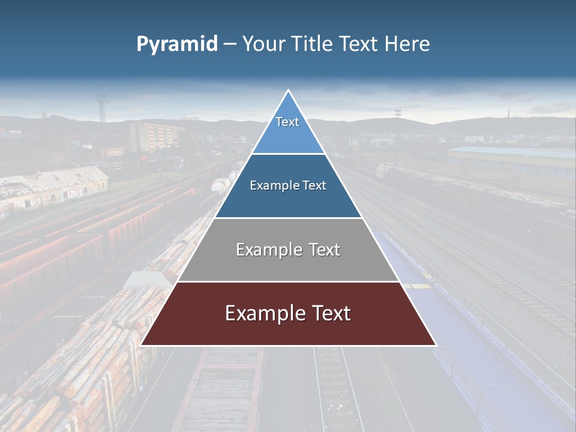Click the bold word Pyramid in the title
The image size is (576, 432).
[x=176, y=44]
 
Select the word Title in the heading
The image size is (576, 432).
[x=314, y=44]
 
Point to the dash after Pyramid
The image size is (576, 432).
[x=229, y=45]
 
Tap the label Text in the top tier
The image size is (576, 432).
[x=287, y=122]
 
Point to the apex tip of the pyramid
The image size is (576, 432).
[x=288, y=91]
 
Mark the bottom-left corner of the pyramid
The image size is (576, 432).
[x=142, y=345]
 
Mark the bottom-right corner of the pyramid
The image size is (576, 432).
[x=435, y=345]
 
